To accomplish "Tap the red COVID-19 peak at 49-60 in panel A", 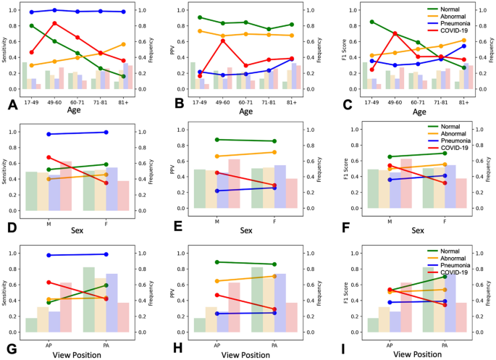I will click(x=54, y=23).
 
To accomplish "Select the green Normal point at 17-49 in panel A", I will click(x=31, y=25).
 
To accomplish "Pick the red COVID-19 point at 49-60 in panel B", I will click(x=223, y=41).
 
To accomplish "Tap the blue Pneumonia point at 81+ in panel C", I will click(x=463, y=46).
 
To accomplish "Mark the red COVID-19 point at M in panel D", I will click(x=49, y=157).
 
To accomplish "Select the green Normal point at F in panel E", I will click(x=274, y=141).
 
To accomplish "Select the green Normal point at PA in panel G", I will click(x=106, y=285).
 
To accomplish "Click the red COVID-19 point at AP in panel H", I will click(x=217, y=295).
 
